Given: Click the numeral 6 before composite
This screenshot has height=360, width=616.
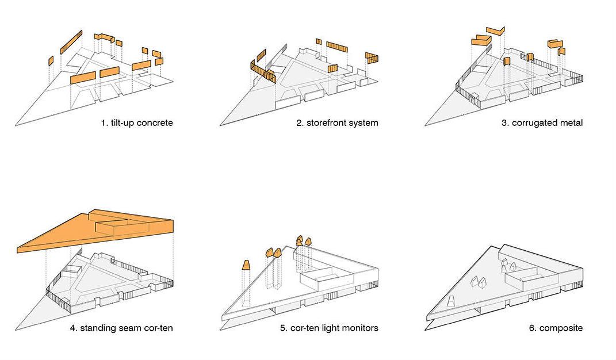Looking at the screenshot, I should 531,328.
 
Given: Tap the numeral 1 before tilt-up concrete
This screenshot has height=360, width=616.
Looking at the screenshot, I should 104,123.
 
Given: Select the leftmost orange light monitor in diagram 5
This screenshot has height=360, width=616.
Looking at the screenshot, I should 246,265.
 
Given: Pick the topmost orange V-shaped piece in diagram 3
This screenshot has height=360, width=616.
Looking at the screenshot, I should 495,30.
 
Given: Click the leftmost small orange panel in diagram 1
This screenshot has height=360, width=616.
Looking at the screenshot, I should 51,60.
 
